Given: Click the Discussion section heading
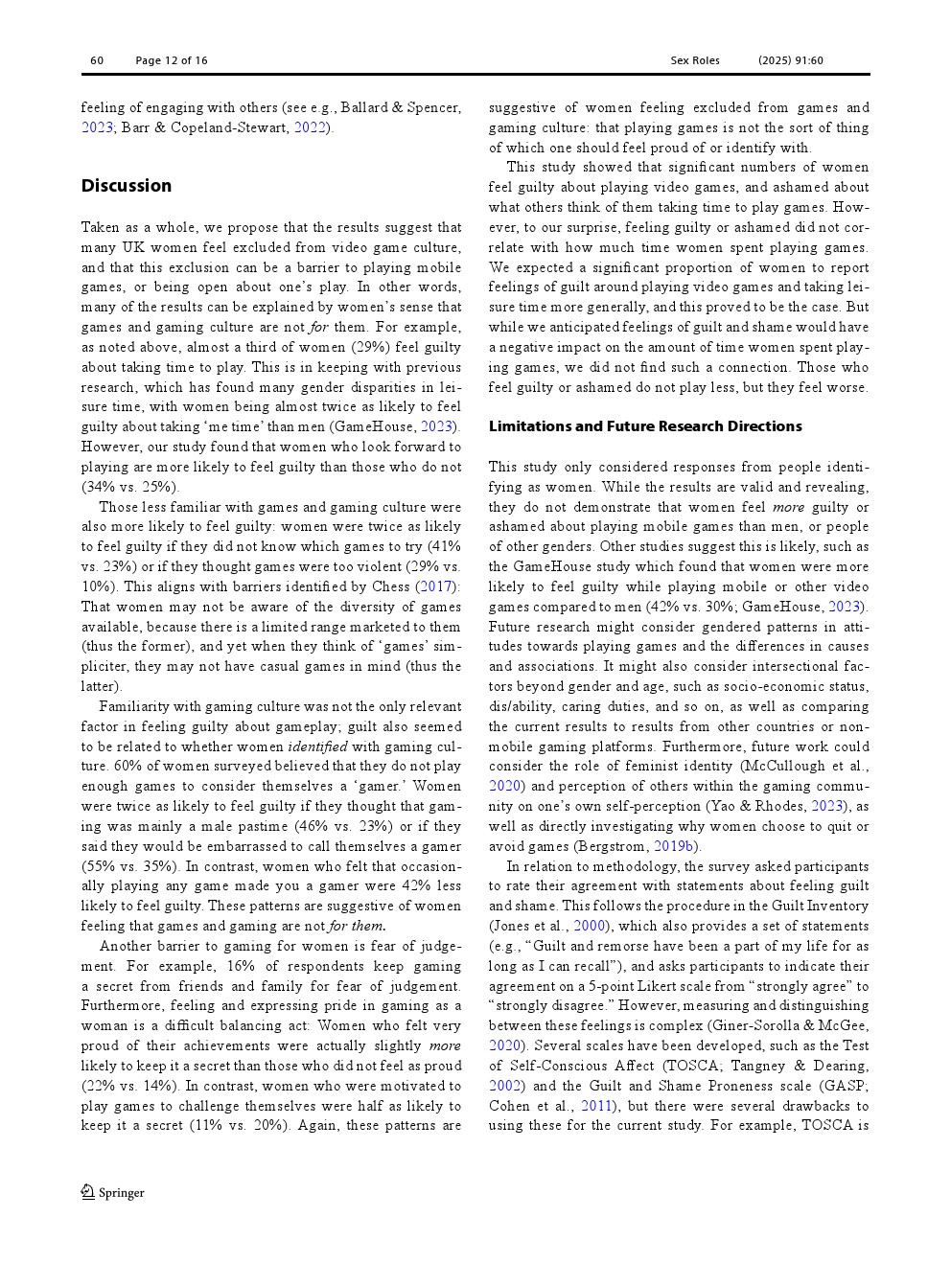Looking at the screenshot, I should coord(126,186).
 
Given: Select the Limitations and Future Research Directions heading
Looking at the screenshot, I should coord(644,426).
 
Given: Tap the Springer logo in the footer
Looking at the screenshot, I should coord(112,1192).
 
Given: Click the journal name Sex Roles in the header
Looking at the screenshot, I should coord(694,60).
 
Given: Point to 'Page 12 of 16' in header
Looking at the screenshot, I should coord(171,60).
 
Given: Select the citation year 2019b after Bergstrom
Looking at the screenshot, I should coord(673,846).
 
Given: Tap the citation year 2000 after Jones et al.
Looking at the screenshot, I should coord(589,926).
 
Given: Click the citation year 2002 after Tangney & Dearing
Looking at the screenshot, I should coord(504,1086).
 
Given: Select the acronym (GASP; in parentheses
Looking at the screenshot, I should coord(844,1086).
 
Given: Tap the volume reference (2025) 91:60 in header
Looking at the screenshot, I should coord(790,60).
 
